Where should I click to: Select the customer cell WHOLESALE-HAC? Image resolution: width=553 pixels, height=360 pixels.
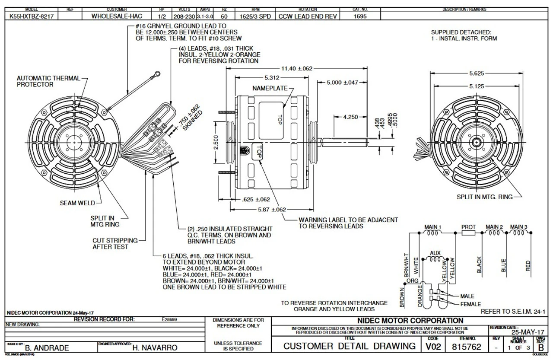point(116,16)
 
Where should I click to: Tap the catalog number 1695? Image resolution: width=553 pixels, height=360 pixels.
point(360,16)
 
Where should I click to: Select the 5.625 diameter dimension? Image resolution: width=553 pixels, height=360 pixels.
point(477,73)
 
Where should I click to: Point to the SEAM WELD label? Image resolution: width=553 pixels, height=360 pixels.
point(77,203)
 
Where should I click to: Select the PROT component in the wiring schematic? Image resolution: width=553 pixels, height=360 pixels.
point(468,233)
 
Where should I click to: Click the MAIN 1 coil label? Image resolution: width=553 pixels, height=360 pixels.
point(433,226)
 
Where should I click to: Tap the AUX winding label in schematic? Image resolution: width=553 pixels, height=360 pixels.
point(435,252)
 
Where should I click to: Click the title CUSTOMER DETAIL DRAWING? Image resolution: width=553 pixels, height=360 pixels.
point(349,346)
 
